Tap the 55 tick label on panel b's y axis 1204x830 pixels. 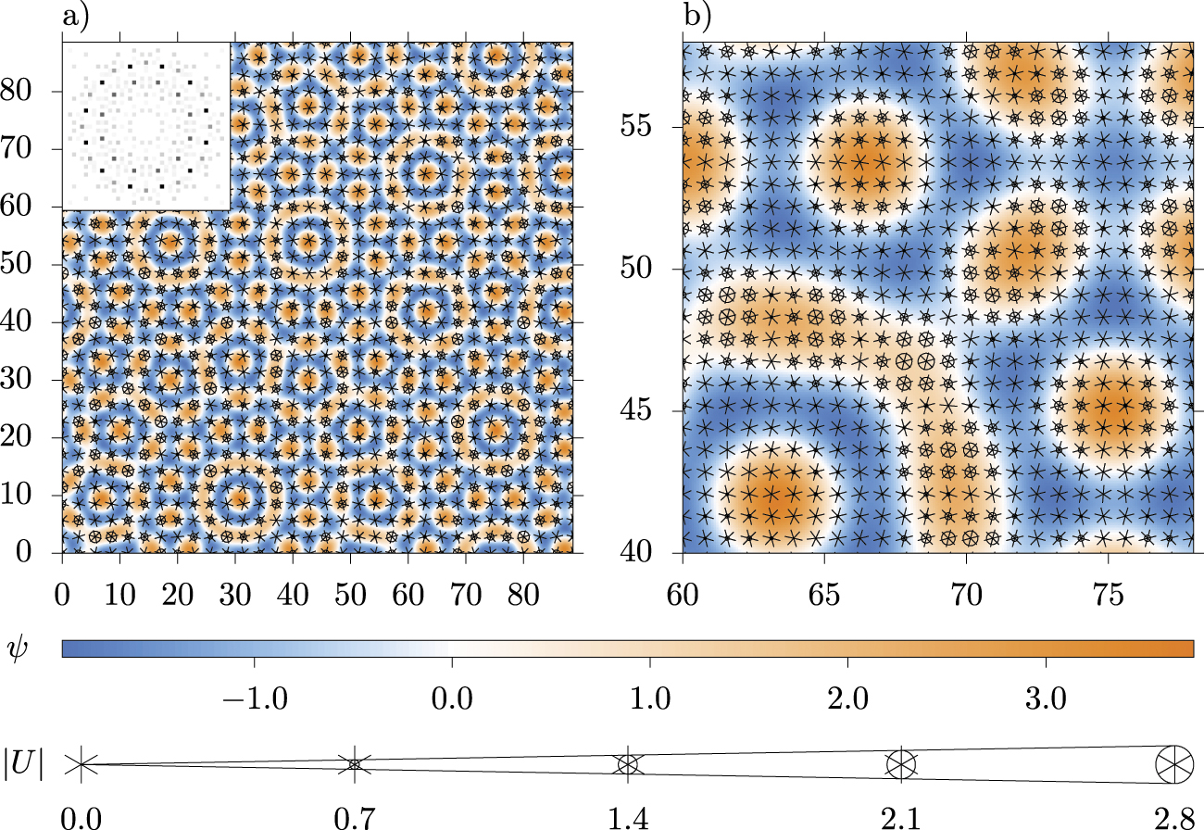click(647, 126)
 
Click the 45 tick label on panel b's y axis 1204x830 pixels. click(647, 410)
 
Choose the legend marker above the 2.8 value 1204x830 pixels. click(1174, 765)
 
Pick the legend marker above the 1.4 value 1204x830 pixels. click(628, 765)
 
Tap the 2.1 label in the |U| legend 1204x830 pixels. click(900, 818)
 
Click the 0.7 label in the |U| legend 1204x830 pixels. click(354, 818)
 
